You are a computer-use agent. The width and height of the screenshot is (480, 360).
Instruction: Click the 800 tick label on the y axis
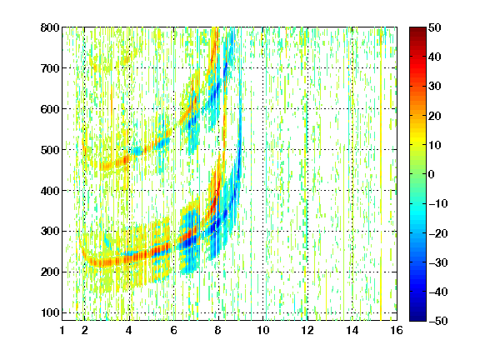[50, 27]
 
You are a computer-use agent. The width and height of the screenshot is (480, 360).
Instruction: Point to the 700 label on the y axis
[50, 68]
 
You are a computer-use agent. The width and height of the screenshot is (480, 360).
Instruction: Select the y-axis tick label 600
[50, 109]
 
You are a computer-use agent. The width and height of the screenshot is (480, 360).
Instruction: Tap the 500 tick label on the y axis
[50, 150]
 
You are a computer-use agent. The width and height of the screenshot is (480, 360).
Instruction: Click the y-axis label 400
[50, 191]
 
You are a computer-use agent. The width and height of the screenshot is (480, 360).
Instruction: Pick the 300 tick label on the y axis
[50, 232]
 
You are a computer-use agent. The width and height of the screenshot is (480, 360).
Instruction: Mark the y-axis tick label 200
[50, 272]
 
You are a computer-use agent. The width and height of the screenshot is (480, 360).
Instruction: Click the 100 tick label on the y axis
[50, 312]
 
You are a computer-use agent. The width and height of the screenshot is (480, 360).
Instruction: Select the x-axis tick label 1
[62, 330]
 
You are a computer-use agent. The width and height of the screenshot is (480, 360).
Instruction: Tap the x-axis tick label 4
[129, 330]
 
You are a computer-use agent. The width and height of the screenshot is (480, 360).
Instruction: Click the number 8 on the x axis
[217, 330]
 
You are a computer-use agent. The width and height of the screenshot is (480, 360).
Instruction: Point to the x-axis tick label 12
[307, 330]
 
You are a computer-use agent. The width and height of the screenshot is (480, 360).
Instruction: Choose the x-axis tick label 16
[397, 330]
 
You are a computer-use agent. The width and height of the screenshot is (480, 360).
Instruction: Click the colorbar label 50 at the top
[434, 27]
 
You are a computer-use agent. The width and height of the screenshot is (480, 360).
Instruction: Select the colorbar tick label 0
[432, 174]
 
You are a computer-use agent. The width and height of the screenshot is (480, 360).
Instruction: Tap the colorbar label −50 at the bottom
[438, 321]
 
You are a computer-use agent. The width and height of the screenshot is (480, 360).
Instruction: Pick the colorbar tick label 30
[434, 87]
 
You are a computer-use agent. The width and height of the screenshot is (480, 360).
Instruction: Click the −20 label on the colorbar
[438, 233]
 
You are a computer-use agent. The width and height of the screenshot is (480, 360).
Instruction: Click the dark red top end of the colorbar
[417, 29]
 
